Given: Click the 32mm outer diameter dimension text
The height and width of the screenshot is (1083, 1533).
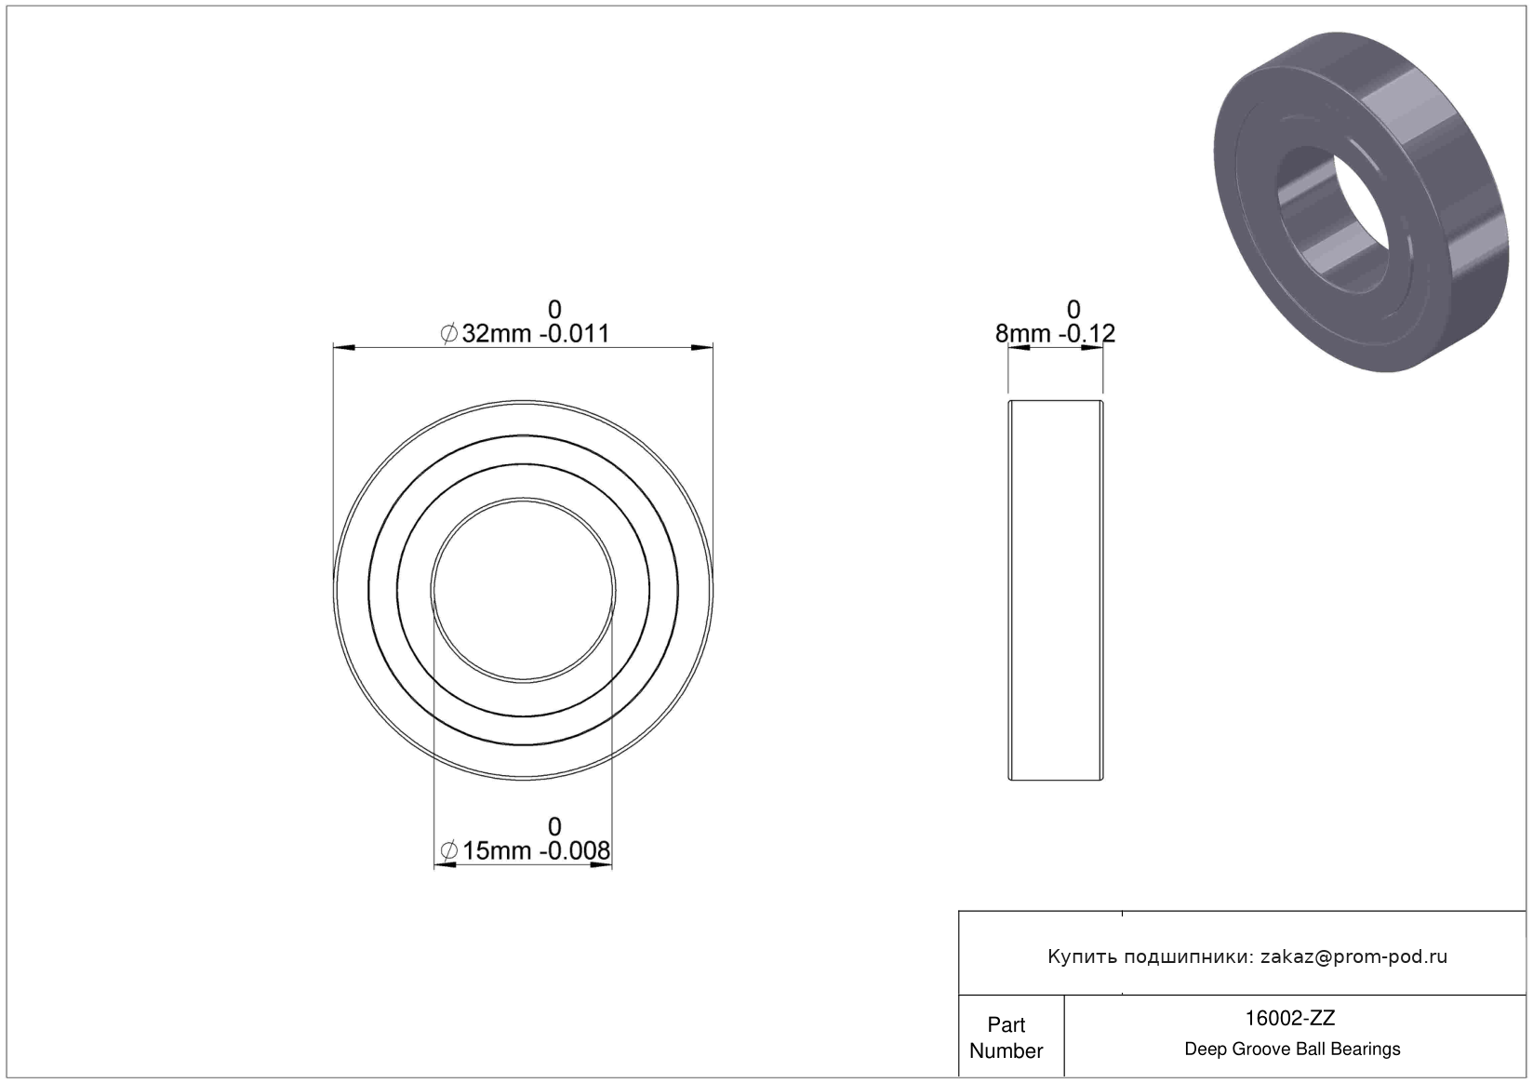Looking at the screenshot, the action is click(x=497, y=333).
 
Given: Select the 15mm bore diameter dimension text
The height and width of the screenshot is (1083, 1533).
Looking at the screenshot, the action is click(x=497, y=851).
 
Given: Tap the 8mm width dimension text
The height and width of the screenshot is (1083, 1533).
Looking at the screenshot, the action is click(x=1022, y=333).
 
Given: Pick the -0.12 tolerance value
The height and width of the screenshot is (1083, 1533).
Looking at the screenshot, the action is click(x=1087, y=333).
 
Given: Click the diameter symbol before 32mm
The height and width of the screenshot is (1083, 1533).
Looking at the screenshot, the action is click(x=449, y=334).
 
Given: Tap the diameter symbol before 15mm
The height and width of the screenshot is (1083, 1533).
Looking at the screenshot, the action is click(x=449, y=851).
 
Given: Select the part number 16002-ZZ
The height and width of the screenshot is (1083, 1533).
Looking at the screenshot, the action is click(x=1290, y=1018).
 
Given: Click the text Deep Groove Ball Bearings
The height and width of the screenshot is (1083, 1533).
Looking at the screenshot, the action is click(x=1292, y=1049).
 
